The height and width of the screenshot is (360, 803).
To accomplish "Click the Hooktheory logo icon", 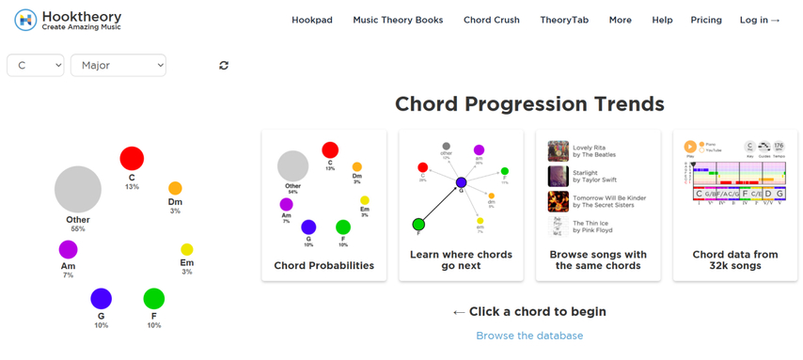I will point(26,20).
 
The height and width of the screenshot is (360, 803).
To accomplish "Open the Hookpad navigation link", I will point(312,20).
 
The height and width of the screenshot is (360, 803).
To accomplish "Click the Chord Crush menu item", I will point(492,20).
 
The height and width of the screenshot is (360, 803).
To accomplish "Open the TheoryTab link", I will point(562,20).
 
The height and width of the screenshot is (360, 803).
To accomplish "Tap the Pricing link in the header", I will point(706,20).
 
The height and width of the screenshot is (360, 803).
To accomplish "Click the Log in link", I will point(760,20).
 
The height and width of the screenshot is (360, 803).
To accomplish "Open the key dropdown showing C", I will point(36,65).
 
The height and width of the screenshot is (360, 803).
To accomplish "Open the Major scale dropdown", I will point(118,65).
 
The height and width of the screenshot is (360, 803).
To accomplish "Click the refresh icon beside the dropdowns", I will point(224,65).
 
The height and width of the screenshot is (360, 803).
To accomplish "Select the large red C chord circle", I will point(132,159).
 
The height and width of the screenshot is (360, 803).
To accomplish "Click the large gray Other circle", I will point(78,188).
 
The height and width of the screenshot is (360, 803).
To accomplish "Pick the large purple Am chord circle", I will point(68,250).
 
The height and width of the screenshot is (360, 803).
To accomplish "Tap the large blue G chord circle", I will point(101,299).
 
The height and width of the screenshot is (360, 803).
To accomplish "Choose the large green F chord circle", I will point(153,299).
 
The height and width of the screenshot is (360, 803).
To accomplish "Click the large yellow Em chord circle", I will point(186,249).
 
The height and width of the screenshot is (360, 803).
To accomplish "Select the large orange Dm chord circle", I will point(175,188).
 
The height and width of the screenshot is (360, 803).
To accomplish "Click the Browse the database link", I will point(529,336).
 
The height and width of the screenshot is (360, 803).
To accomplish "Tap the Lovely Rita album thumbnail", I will point(559,150).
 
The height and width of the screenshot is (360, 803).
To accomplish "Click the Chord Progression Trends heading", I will point(529,103).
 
